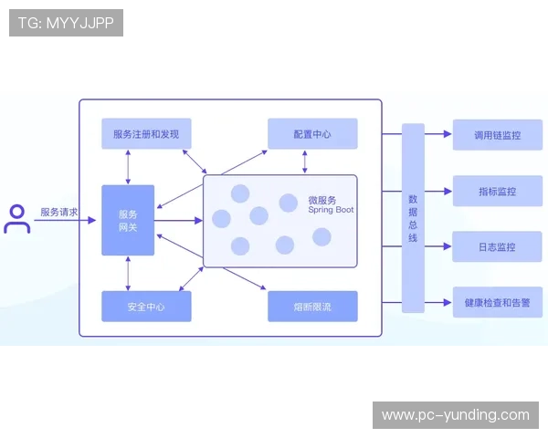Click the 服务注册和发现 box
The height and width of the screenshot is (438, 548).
[146, 134]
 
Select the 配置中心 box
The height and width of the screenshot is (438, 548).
[312, 134]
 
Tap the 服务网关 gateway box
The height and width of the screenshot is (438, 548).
[128, 220]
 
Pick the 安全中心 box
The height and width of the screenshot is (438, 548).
[146, 307]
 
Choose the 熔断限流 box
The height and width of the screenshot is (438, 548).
[312, 307]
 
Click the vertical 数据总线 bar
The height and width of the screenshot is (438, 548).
[413, 218]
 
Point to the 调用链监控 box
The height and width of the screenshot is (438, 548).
[497, 134]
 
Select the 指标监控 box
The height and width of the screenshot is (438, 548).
[497, 191]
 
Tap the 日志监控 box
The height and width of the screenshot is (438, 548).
[497, 246]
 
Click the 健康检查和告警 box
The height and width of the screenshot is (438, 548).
[497, 302]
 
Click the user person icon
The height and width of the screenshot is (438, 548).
[16, 219]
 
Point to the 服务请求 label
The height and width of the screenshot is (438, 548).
[58, 212]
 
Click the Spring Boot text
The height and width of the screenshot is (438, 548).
[331, 210]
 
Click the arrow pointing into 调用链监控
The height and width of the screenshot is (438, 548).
[439, 134]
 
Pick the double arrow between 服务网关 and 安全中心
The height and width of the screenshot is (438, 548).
[128, 273]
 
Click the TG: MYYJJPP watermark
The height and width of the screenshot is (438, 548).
[66, 23]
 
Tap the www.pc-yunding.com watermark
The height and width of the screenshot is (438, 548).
[455, 415]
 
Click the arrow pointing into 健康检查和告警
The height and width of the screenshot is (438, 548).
[439, 302]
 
